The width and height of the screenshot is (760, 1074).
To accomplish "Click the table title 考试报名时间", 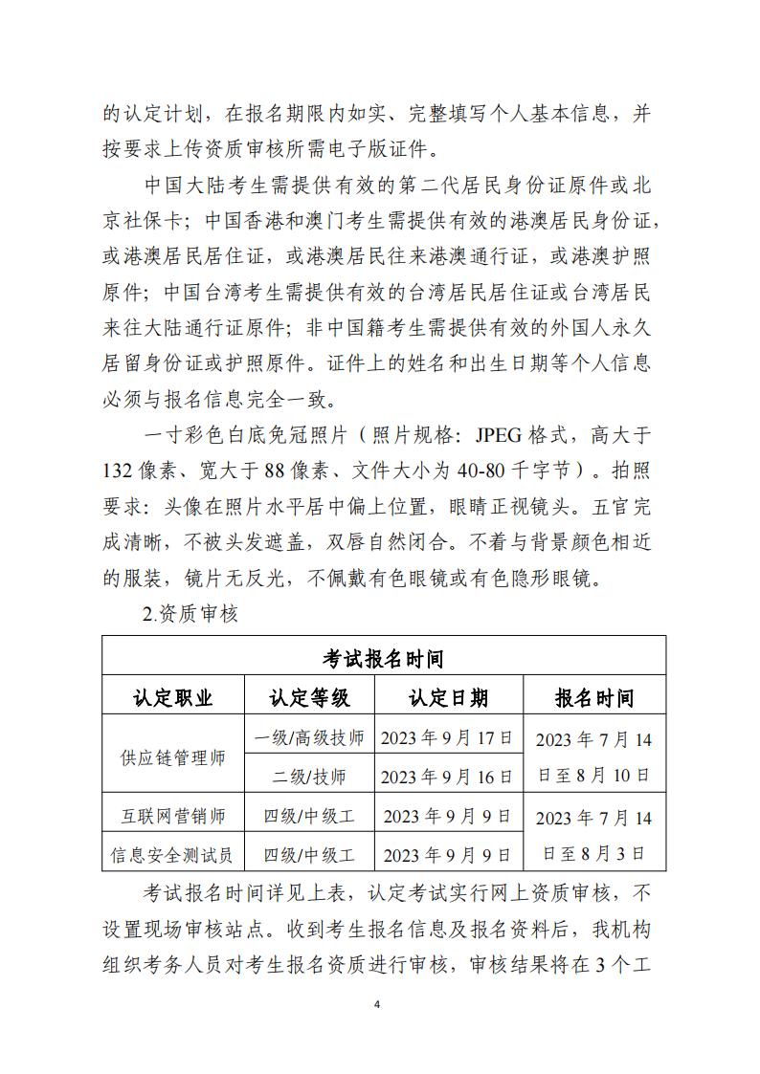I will point(383,659).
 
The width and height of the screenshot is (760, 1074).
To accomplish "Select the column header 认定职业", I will point(173,698).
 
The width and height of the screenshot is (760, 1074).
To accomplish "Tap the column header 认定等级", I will point(309,698).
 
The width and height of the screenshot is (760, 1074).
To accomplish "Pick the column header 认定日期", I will point(448,698).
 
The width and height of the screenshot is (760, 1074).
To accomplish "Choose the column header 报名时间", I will point(594,698).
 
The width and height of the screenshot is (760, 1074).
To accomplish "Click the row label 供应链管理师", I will point(173,757).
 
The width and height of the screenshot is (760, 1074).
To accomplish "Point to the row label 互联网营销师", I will point(173,817).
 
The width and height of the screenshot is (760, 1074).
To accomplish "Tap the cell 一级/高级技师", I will point(309,738).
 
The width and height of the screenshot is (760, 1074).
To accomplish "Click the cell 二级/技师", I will point(309,776).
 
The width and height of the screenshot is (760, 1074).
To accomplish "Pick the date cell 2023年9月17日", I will point(448,738).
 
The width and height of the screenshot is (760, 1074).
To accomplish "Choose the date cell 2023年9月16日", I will point(448,776).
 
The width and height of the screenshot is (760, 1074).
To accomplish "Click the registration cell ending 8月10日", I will point(594,757).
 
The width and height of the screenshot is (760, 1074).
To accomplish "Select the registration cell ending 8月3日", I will point(594,835).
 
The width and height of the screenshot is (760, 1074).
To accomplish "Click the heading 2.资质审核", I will point(190,615).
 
